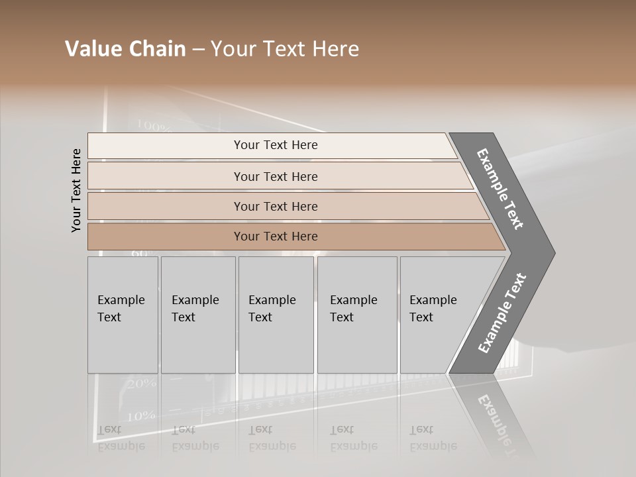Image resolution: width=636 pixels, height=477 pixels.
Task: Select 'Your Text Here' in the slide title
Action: pyautogui.click(x=285, y=49)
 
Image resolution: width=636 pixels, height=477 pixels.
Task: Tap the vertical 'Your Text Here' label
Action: pyautogui.click(x=76, y=190)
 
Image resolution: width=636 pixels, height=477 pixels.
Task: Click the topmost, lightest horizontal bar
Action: pyautogui.click(x=276, y=145)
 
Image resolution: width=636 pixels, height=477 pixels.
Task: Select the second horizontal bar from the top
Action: pyautogui.click(x=276, y=176)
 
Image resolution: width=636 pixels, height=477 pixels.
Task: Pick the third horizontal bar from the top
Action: pyautogui.click(x=276, y=206)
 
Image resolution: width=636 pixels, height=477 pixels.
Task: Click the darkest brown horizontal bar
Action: pyautogui.click(x=276, y=237)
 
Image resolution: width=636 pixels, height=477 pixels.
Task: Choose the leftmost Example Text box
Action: pyautogui.click(x=123, y=315)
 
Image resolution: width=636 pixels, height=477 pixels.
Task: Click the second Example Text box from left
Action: pyautogui.click(x=198, y=315)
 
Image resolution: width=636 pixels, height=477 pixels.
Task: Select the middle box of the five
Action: pyautogui.click(x=276, y=315)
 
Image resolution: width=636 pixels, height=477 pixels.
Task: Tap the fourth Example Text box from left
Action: pyautogui.click(x=357, y=315)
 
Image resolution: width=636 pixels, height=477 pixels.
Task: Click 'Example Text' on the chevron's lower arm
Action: pyautogui.click(x=502, y=313)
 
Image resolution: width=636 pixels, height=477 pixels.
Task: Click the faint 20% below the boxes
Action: pyautogui.click(x=142, y=384)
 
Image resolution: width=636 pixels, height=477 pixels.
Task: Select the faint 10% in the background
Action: pyautogui.click(x=142, y=416)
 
